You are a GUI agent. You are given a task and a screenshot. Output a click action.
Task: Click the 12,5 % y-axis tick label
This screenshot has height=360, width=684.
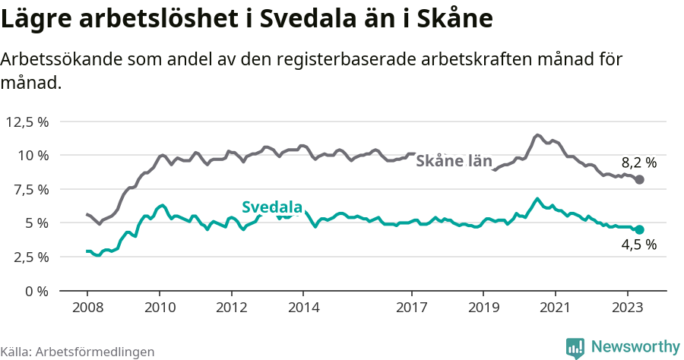click(x=27, y=122)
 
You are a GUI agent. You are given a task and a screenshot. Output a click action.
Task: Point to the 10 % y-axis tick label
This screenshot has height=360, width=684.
click(x=33, y=155)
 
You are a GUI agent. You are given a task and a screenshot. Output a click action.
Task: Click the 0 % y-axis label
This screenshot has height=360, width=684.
click(x=37, y=290)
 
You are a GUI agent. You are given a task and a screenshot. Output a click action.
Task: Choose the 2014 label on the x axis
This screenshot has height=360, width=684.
click(x=303, y=308)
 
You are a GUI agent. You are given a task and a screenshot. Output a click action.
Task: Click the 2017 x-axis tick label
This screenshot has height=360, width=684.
click(x=412, y=308)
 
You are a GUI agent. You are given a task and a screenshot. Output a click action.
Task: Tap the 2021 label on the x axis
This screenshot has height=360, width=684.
click(x=556, y=308)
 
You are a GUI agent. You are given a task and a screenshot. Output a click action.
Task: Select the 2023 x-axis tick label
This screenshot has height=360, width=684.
click(x=628, y=308)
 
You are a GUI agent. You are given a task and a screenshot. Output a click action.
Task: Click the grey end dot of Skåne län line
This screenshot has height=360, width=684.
click(x=640, y=179)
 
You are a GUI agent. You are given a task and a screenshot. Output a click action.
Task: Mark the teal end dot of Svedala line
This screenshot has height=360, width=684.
click(x=640, y=229)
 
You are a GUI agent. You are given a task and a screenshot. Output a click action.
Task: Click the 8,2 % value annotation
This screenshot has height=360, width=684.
click(x=638, y=162)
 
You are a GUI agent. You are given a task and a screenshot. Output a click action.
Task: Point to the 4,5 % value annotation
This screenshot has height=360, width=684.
click(x=638, y=245)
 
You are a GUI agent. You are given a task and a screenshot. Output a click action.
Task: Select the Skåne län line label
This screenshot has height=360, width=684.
click(x=454, y=161)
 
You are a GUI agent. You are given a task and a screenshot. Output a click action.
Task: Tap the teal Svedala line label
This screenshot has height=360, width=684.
click(x=272, y=207)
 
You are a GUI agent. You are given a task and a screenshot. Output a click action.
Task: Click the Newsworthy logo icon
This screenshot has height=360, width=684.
click(x=575, y=347)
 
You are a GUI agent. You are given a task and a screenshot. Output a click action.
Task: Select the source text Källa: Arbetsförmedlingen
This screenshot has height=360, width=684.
click(x=78, y=352)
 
